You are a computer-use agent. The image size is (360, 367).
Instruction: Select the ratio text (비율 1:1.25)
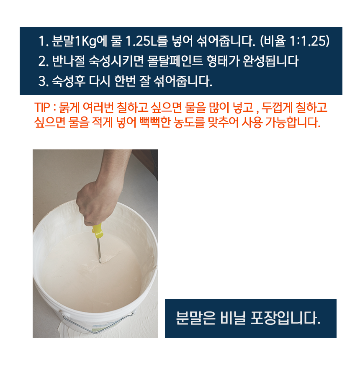tap(295, 41)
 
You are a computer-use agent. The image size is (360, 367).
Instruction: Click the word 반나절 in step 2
tap(68, 62)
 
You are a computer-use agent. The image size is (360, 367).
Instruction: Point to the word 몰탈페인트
tap(175, 62)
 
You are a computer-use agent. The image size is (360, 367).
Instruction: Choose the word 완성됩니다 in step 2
tap(271, 62)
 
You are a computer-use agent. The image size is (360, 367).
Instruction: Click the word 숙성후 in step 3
tap(68, 81)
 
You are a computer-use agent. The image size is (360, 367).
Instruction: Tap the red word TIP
tap(42, 108)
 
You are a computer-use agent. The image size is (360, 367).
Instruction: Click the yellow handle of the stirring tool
tap(97, 231)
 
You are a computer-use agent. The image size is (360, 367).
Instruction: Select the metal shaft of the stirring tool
tap(99, 250)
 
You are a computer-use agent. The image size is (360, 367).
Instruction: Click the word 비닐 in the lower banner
tap(233, 318)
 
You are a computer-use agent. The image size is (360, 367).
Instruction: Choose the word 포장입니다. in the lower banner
tap(285, 318)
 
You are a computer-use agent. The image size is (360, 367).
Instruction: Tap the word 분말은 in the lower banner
tap(195, 318)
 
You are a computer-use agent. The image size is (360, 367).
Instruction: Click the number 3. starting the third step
tap(43, 82)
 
